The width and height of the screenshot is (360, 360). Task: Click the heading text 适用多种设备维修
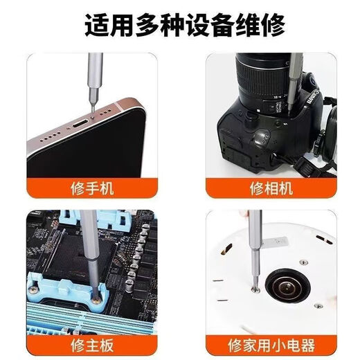[x=179, y=27]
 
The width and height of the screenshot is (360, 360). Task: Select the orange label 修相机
[x=267, y=187]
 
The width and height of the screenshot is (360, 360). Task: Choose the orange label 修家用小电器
[x=267, y=344]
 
